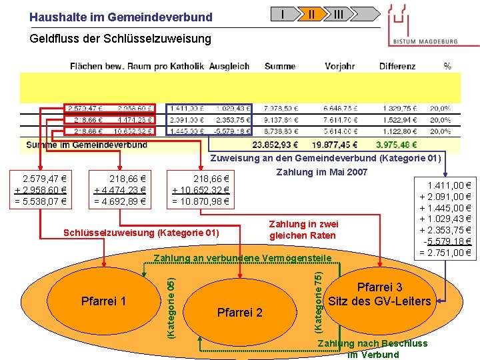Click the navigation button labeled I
(x=284, y=13)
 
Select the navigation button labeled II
(x=311, y=13)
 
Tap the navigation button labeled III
(x=339, y=13)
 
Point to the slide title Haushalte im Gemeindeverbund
(x=121, y=17)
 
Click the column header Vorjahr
(x=339, y=66)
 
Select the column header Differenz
(x=397, y=66)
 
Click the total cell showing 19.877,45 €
(x=333, y=145)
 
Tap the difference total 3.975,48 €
(x=397, y=145)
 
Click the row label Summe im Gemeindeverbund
(x=87, y=145)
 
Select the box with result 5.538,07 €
(x=40, y=190)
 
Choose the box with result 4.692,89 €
(x=120, y=190)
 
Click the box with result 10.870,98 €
(x=201, y=190)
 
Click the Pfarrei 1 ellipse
(x=103, y=301)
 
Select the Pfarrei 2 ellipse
(x=240, y=312)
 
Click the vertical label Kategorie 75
(x=318, y=300)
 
